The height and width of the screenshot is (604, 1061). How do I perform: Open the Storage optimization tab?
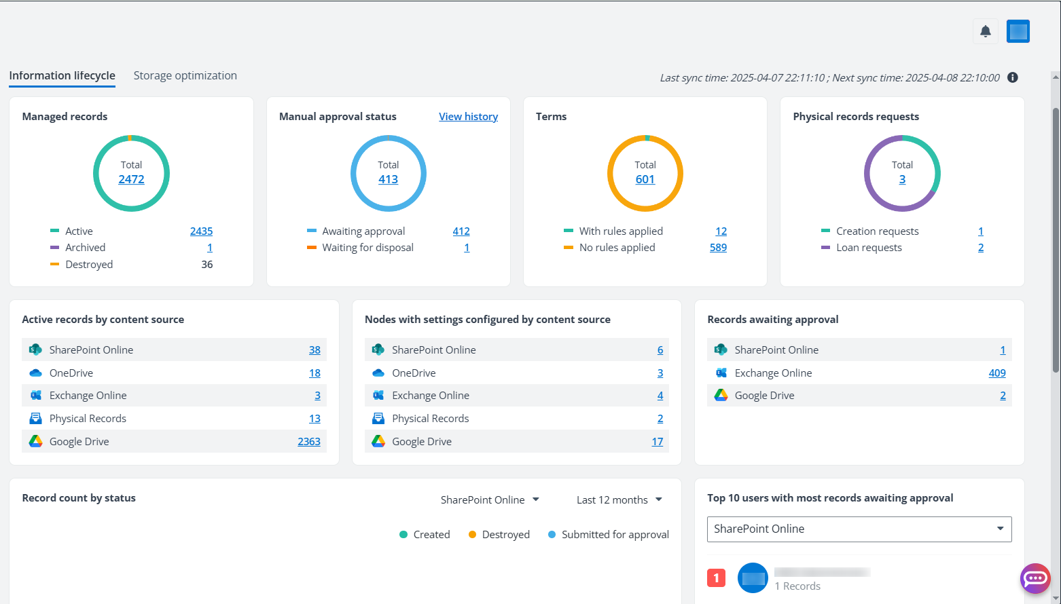coord(185,76)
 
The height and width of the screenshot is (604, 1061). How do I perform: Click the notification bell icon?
coord(985,31)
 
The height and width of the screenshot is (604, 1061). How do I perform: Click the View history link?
coord(468,117)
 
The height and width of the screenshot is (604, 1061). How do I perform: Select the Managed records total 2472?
coord(131,180)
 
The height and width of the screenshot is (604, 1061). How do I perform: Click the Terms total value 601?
coord(645,180)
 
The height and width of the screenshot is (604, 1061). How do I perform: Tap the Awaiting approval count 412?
coord(461,231)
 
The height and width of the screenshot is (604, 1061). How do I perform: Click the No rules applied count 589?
coord(718,248)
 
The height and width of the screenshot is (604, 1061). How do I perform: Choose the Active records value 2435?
coord(201,231)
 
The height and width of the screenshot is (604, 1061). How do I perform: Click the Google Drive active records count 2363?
coord(308,442)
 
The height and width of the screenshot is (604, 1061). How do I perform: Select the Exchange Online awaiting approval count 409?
coord(996,373)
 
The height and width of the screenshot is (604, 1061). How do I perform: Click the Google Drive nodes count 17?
coord(657,442)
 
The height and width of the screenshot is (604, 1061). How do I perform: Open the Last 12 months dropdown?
coord(619,500)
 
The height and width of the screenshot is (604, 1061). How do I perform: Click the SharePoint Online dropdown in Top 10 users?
coord(859,529)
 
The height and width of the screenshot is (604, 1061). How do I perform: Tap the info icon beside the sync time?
coord(1012,77)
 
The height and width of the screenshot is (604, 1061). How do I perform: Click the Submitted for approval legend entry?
coord(608,535)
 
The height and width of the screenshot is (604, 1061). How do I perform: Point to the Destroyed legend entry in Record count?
coord(499,535)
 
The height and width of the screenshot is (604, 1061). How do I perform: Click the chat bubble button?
coord(1035,578)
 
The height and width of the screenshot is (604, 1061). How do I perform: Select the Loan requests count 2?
coord(980,248)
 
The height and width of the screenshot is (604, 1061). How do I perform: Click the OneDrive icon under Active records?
coord(35,373)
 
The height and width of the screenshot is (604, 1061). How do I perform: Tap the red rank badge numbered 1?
coord(716,578)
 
